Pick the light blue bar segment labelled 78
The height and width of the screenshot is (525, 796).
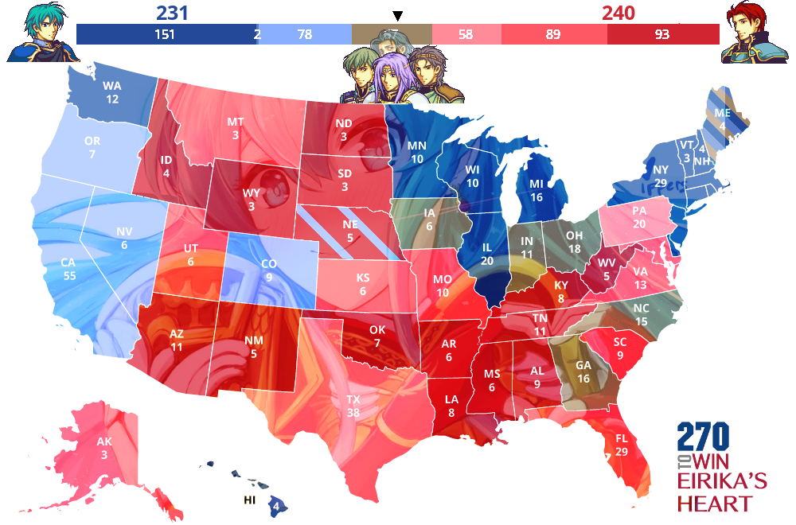point(304,34)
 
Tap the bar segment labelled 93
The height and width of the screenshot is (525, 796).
point(662,34)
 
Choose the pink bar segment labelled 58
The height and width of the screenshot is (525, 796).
point(466,34)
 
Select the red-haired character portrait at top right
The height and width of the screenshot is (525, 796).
point(753,33)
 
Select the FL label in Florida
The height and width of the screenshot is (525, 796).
point(622,438)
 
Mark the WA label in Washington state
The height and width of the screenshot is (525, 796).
point(111,87)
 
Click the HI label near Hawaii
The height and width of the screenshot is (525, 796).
point(250,501)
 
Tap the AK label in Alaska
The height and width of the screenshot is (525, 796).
point(104,442)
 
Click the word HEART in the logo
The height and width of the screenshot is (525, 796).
point(714,503)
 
